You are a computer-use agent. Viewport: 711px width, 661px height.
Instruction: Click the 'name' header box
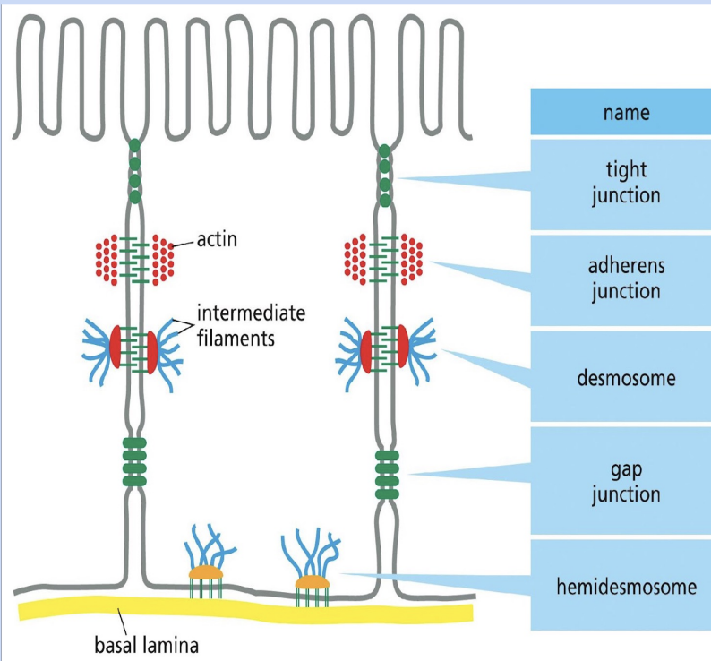pyautogui.click(x=620, y=113)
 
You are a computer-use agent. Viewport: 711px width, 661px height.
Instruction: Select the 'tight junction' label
pyautogui.click(x=620, y=183)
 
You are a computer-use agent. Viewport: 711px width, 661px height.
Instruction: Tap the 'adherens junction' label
pyautogui.click(x=620, y=279)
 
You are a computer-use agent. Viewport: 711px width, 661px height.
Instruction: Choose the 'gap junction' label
pyautogui.click(x=620, y=481)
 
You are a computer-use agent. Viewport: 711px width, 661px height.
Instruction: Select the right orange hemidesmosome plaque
pyautogui.click(x=313, y=583)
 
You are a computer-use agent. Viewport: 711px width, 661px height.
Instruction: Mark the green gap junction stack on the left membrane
pyautogui.click(x=133, y=460)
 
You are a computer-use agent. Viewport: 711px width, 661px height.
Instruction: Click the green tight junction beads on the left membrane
pyautogui.click(x=134, y=170)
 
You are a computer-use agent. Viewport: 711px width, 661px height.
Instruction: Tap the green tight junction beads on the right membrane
pyautogui.click(x=385, y=175)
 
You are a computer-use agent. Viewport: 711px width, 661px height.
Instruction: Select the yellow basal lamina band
pyautogui.click(x=242, y=614)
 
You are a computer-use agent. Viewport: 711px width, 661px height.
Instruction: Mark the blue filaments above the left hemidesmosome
pyautogui.click(x=204, y=543)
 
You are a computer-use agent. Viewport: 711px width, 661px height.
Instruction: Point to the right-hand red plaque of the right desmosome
pyautogui.click(x=403, y=349)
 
